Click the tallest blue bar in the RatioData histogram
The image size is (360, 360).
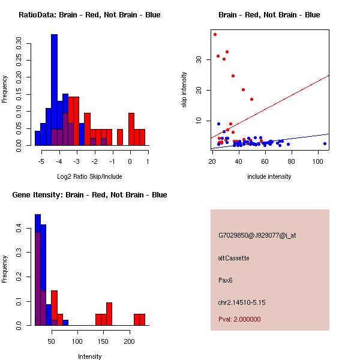pos(54,90)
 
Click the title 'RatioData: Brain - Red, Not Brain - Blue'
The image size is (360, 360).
pos(89,15)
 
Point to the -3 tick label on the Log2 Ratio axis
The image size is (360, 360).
pos(76,161)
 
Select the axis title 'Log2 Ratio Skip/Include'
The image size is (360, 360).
pos(89,176)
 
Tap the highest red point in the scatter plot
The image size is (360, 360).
pos(215,35)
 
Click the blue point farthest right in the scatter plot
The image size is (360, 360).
pos(325,144)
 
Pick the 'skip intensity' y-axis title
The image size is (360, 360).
pos(184,89)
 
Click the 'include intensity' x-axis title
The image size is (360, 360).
pos(269,176)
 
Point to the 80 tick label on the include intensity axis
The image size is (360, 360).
pos(291,161)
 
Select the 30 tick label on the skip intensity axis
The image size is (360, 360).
pos(199,59)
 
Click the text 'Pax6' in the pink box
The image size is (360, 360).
pos(225,280)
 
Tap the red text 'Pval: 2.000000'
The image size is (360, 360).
pos(239,319)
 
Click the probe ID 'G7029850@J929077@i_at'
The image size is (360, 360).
pos(257,235)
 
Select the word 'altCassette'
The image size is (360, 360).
pos(234,258)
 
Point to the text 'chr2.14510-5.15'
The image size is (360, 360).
pos(242,302)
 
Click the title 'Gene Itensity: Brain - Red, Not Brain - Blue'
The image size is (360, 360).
pos(89,195)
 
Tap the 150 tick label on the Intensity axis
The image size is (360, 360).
pos(103,341)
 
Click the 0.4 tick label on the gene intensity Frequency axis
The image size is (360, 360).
pos(19,229)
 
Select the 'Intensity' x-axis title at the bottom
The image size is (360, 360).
pos(89,356)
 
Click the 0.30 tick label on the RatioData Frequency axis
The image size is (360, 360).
pos(19,43)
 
